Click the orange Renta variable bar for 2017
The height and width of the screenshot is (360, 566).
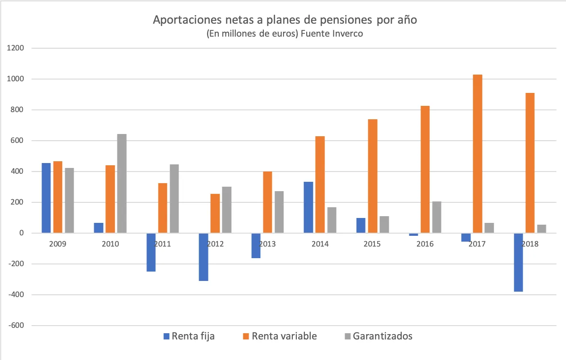click(477, 154)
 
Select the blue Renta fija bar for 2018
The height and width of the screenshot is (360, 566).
click(518, 262)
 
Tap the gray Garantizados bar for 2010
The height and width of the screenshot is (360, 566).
click(121, 183)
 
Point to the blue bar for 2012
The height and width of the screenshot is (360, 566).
click(203, 257)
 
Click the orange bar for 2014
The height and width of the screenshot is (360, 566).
click(320, 184)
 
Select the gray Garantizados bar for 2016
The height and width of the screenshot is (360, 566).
click(437, 217)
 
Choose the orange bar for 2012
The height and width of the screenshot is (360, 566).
click(215, 213)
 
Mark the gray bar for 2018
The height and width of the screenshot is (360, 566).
click(541, 229)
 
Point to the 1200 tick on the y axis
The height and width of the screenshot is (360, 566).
click(16, 48)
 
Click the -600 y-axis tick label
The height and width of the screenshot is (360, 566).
click(16, 326)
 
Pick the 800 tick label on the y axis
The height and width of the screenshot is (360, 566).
click(18, 110)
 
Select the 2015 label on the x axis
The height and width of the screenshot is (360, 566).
click(372, 244)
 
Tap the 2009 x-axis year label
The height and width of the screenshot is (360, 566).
click(58, 244)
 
